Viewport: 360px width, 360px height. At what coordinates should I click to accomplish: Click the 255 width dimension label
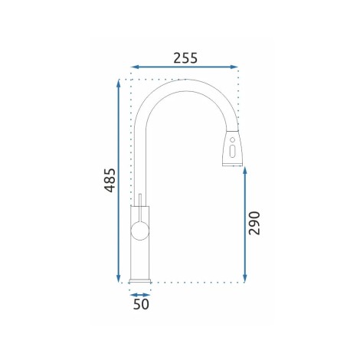185,58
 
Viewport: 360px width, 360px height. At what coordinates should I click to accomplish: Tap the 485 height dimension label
110,180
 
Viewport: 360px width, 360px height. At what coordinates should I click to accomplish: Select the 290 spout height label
254,223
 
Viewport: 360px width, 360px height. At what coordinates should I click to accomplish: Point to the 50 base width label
141,304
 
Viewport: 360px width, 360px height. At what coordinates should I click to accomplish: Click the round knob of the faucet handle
139,231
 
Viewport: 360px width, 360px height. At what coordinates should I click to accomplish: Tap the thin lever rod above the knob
140,208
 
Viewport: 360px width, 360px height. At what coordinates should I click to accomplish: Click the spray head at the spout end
232,148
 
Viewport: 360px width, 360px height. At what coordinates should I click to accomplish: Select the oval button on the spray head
232,151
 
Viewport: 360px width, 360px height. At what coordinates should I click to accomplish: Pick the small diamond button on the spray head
232,139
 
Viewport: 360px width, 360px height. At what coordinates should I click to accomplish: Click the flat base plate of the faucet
140,281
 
